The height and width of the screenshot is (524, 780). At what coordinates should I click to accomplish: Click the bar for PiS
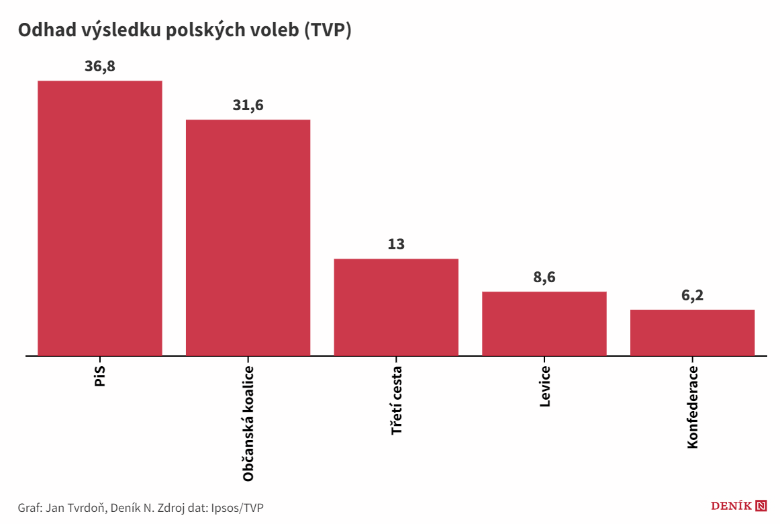click(99, 218)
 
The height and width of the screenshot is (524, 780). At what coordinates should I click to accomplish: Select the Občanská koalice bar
click(248, 237)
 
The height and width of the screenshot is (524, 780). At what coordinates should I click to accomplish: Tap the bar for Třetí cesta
click(396, 307)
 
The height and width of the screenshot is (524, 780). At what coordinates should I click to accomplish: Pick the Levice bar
click(544, 323)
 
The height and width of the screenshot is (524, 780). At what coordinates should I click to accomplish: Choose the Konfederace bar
click(692, 333)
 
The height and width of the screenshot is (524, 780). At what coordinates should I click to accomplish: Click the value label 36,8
click(99, 67)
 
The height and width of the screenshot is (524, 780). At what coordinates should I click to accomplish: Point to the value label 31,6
click(248, 105)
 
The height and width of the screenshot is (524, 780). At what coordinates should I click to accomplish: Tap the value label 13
click(396, 244)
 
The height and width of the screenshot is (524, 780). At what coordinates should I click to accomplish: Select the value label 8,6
click(544, 277)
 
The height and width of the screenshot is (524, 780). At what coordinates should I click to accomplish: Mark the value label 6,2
click(692, 296)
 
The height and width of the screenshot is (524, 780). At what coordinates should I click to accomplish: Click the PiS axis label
click(100, 378)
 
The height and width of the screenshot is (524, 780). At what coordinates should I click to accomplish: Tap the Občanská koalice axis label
click(248, 424)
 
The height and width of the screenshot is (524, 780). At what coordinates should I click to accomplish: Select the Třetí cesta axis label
click(397, 400)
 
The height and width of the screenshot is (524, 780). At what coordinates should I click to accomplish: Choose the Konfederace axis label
click(693, 408)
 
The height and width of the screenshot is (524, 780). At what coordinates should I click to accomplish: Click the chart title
click(185, 31)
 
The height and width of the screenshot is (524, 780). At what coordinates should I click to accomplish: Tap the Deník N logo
click(738, 507)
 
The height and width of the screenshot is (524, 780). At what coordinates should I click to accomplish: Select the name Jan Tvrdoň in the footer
click(75, 507)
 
